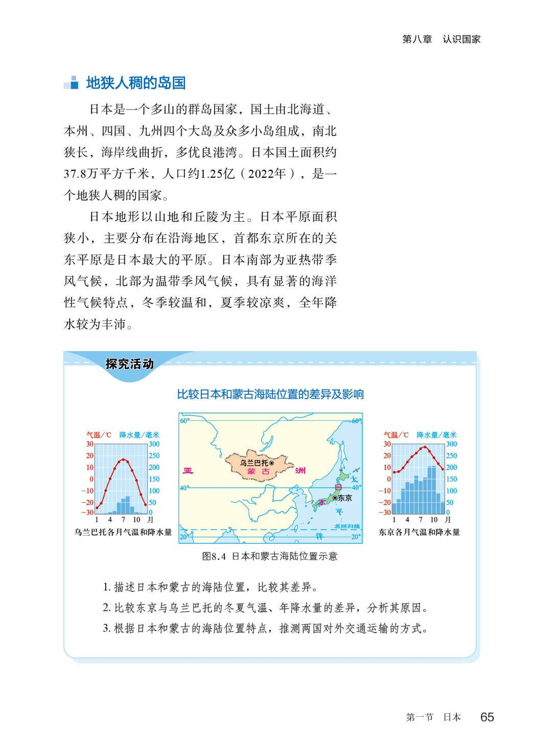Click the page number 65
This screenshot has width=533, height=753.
487,717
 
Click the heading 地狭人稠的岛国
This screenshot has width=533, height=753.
135,83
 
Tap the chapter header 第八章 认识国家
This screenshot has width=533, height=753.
442,39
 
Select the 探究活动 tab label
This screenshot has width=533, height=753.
129,364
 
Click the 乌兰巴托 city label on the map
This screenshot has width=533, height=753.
254,463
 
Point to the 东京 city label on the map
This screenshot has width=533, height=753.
345,497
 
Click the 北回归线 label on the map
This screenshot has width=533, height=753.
347,527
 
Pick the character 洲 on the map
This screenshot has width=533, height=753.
300,470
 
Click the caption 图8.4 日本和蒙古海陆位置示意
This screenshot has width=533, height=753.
270,556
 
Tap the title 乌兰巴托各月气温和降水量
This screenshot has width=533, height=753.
123,532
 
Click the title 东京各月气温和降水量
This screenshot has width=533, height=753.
419,532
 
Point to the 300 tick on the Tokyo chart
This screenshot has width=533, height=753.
451,444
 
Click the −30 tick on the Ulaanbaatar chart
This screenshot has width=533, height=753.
87,512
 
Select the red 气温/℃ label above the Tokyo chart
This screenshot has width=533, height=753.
396,435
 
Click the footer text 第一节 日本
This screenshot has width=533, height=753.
433,717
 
